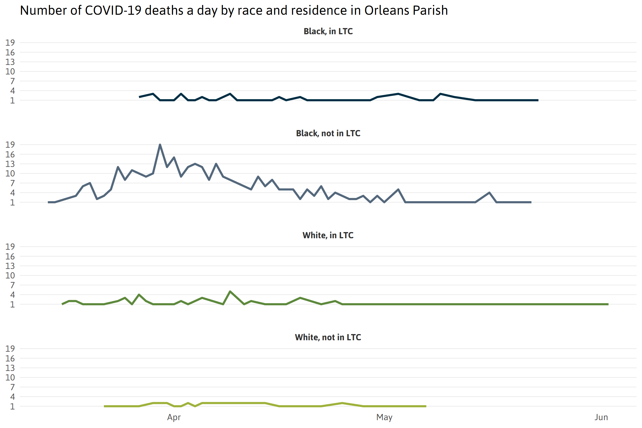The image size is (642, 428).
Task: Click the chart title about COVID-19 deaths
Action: [234, 10]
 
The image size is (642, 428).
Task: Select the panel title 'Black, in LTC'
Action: [328, 31]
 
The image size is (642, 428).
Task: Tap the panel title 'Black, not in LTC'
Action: [328, 133]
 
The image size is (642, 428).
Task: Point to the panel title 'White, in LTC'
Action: [328, 235]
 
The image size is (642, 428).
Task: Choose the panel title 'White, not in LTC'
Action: [328, 337]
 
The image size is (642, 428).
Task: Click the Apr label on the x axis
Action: [174, 417]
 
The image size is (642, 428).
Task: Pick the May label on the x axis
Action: [384, 417]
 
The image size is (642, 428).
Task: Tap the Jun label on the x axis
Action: [601, 417]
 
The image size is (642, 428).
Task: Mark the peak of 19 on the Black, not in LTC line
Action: [160, 145]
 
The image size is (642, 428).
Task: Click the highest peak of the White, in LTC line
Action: [230, 291]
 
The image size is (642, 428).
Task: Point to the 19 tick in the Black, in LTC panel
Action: [10, 43]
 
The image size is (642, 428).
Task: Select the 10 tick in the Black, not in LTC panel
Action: [10, 173]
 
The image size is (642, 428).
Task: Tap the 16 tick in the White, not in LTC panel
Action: [10, 358]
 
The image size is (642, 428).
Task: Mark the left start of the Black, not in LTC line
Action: [48, 202]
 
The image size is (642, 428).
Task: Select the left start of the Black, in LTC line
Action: [140, 97]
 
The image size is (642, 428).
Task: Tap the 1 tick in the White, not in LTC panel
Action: [12, 406]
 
